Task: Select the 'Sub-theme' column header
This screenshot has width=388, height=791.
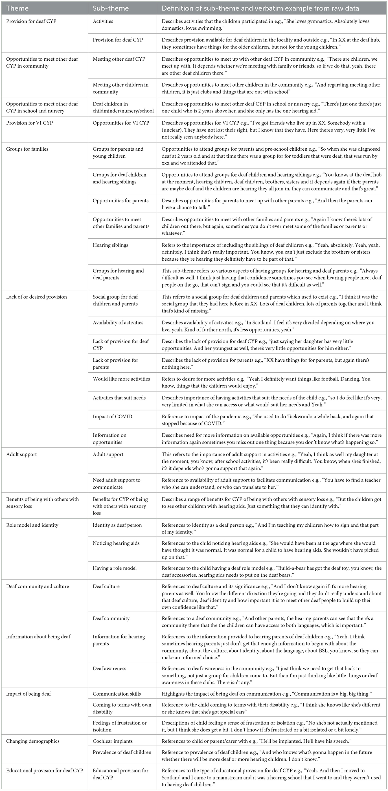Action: coord(110,8)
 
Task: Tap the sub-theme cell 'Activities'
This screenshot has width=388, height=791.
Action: coord(103,21)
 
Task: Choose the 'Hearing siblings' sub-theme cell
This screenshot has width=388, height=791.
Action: coord(110,245)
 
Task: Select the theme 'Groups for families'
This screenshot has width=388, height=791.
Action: coord(27,149)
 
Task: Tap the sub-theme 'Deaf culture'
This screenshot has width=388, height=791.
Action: coord(107,586)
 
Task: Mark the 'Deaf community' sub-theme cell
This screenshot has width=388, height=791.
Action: coord(111,618)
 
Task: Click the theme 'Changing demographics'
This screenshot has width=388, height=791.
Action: coord(32,741)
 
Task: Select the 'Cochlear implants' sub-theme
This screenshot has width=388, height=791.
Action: coord(113,741)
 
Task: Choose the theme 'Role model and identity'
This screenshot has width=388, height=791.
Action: coord(32,525)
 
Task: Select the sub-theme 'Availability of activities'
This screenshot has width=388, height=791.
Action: coord(118,323)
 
